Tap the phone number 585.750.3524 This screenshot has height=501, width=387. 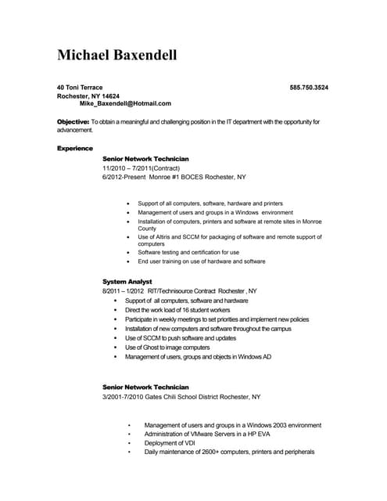point(309,87)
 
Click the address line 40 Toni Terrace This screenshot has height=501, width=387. point(80,87)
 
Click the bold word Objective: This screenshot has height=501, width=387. point(73,122)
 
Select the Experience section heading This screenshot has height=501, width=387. point(75,148)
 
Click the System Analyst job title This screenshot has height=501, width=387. point(127,281)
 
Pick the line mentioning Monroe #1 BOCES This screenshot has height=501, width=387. point(174,177)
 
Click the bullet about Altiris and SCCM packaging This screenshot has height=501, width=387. point(229,240)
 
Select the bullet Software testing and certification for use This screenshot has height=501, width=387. point(188,253)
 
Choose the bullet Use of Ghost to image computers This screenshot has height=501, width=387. point(167,348)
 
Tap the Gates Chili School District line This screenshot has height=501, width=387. point(181,397)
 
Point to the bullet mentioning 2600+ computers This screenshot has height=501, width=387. point(229,452)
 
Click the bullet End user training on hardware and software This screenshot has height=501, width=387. point(202,261)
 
